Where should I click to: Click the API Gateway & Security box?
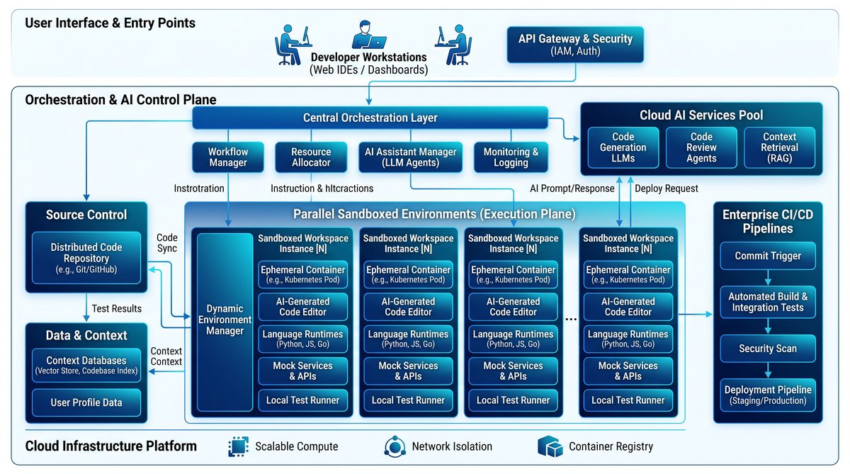tap(575, 45)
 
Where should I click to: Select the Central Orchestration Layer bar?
tap(370, 118)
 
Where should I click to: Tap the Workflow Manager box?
tap(228, 157)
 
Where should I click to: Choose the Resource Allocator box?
tap(311, 157)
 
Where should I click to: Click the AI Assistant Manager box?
tap(411, 157)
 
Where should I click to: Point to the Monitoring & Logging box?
tap(511, 157)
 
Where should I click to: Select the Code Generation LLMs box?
tap(623, 147)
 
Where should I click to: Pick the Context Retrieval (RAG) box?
tap(779, 147)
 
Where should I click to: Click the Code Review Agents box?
tap(701, 147)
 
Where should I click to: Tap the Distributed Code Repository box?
tap(86, 258)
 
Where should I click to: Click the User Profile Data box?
tap(86, 402)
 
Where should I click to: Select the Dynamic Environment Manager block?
tap(225, 322)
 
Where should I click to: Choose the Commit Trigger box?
tap(768, 256)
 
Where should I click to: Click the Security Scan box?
tap(768, 349)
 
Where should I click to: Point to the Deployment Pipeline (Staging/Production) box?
tap(768, 395)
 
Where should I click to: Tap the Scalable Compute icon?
tap(238, 446)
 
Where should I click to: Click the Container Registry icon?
tap(550, 446)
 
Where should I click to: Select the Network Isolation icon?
tap(395, 446)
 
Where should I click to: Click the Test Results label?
tap(116, 308)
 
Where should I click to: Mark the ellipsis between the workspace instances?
tap(571, 320)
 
